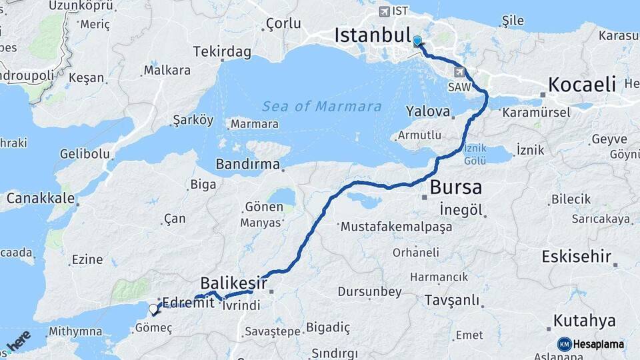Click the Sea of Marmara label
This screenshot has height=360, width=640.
322,107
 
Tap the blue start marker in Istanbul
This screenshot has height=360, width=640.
417,41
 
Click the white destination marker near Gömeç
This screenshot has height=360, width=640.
154,309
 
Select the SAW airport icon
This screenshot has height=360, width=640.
459,72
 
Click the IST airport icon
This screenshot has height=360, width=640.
384,11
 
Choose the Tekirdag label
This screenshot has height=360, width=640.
222,51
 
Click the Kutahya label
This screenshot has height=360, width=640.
584,321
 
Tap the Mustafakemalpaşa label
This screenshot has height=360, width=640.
396,227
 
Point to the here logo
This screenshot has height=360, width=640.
18,341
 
